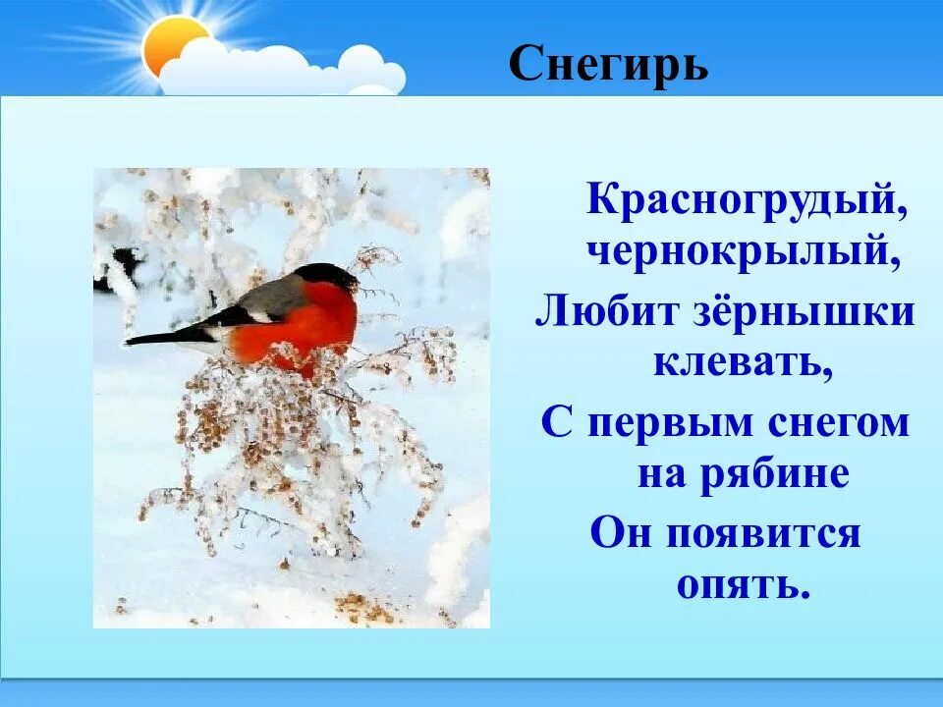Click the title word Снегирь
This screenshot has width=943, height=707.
click(608, 66)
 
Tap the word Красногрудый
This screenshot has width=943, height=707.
click(748, 200)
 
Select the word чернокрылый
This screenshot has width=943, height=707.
click(744, 253)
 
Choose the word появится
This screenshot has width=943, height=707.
click(763, 534)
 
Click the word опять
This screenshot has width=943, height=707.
click(743, 585)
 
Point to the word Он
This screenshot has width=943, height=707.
click(623, 533)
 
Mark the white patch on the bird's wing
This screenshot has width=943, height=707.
click(260, 316)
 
